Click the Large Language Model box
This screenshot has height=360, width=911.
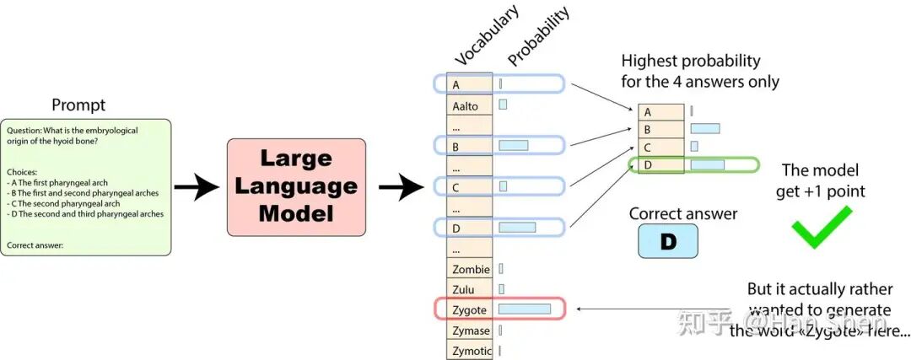pos(295,186)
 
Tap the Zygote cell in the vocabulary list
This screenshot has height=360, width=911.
pos(469,310)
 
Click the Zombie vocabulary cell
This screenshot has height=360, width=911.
pos(469,270)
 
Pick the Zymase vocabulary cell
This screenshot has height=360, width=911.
pos(469,330)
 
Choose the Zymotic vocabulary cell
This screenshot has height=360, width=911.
pos(469,351)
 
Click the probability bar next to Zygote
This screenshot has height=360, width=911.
pos(524,309)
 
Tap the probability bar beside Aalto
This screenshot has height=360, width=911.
pos(503,105)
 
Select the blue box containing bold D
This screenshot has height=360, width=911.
pos(667,241)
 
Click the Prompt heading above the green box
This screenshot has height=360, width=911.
pos(79,105)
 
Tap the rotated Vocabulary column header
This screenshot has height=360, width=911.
pos(487,35)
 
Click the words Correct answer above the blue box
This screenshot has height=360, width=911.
pos(683,213)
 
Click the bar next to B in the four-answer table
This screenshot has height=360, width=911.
pos(704,129)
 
